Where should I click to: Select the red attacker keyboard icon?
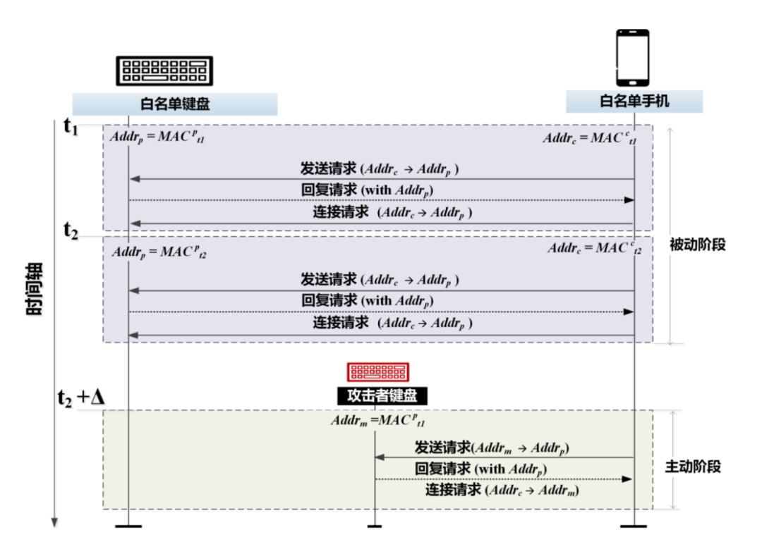[377, 371]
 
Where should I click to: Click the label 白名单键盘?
[175, 104]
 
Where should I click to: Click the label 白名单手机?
[634, 102]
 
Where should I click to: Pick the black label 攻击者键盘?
[377, 395]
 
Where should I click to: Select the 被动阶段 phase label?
[698, 245]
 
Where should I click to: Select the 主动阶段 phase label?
[694, 467]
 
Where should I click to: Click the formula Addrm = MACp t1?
[377, 422]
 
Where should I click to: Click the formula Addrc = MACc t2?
[595, 249]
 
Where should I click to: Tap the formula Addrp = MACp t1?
[157, 137]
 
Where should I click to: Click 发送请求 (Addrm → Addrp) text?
[492, 448]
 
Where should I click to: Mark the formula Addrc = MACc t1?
[590, 139]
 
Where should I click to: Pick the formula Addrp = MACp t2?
[159, 252]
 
